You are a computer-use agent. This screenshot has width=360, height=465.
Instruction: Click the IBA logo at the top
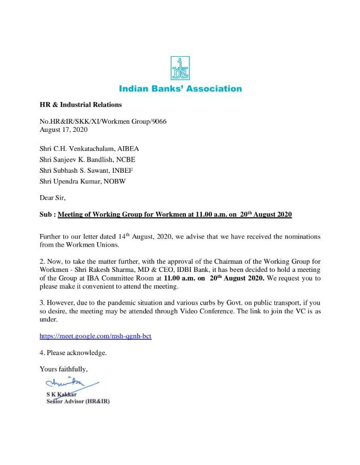[x=180, y=68]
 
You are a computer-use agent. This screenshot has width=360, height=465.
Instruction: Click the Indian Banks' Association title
[x=180, y=89]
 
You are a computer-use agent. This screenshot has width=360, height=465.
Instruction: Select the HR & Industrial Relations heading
[x=81, y=105]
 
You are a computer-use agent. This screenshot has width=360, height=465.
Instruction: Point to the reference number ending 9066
[x=103, y=121]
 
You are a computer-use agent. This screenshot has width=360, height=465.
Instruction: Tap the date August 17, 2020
[x=63, y=129]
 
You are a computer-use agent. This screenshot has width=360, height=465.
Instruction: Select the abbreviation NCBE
[x=125, y=159]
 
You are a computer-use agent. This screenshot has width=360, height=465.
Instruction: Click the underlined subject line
[x=175, y=215]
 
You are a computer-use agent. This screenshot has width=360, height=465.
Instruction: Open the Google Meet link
[x=95, y=336]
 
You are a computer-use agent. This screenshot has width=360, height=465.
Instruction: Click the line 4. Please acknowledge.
[x=73, y=353]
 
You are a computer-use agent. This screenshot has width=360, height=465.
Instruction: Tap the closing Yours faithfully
[x=64, y=368]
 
